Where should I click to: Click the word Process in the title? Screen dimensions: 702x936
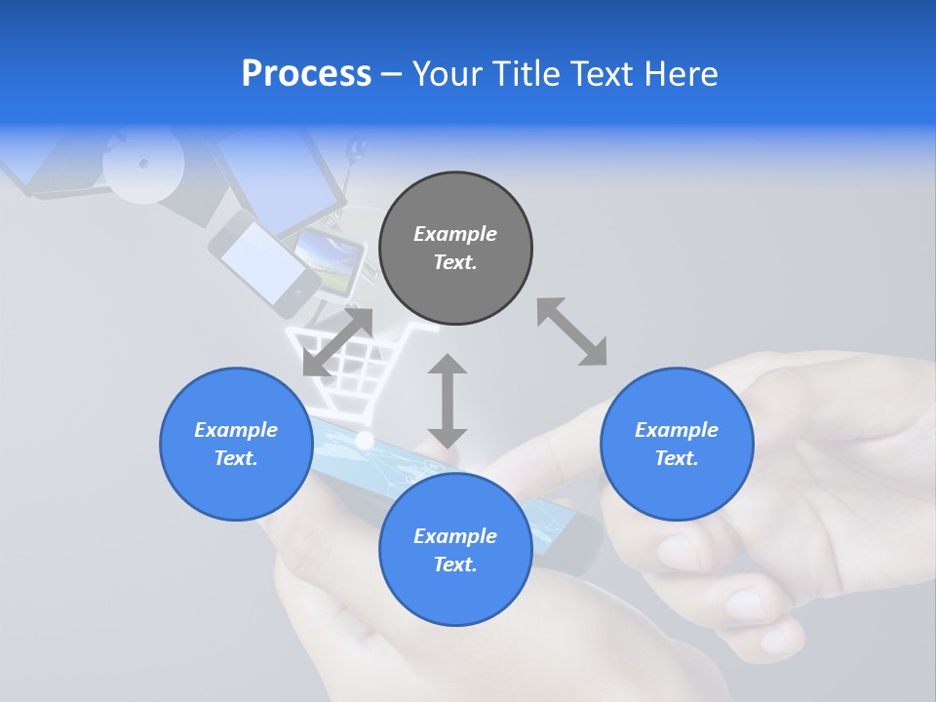(x=306, y=74)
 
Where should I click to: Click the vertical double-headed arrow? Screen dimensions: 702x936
(x=448, y=401)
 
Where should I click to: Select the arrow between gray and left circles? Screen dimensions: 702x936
(x=337, y=341)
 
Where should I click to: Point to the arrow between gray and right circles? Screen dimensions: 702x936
(x=571, y=331)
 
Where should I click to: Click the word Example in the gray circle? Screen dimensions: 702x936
(x=455, y=234)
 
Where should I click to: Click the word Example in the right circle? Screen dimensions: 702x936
(x=677, y=430)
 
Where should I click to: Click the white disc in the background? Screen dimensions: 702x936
(x=143, y=164)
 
